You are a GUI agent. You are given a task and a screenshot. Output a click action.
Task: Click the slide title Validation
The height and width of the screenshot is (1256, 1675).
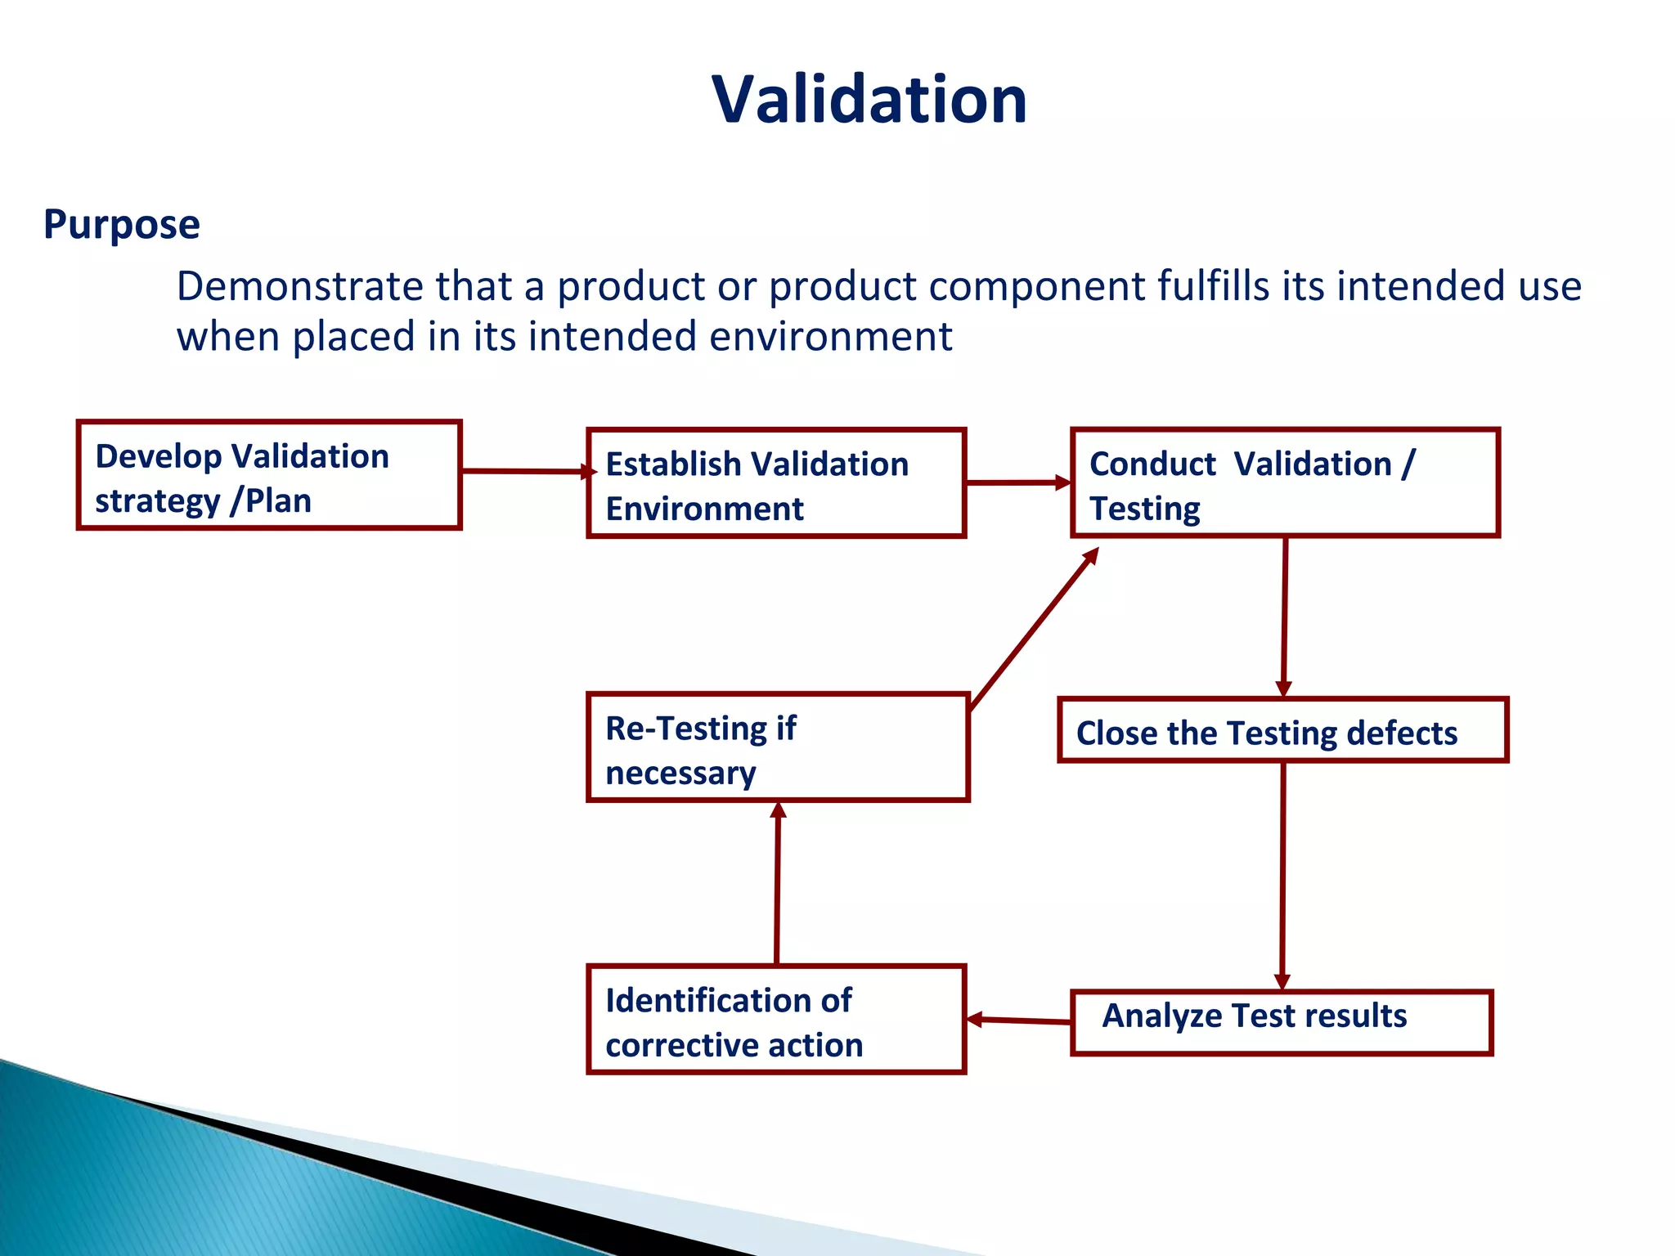point(869,100)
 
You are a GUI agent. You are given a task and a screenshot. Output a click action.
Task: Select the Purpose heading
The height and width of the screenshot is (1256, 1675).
point(121,224)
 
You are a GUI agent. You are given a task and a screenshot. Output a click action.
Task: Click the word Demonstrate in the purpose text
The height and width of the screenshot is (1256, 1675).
point(299,286)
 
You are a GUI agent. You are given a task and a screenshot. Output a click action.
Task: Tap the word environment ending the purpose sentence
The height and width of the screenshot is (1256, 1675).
point(830,337)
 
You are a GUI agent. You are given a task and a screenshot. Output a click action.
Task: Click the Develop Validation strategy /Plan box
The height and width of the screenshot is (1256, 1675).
point(269,476)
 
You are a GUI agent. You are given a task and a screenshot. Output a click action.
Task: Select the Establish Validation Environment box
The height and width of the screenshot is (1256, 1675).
point(776,484)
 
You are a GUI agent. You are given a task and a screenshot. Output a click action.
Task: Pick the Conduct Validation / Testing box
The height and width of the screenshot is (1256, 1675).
point(1285,484)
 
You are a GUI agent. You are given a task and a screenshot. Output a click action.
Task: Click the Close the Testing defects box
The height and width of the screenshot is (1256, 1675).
point(1282,731)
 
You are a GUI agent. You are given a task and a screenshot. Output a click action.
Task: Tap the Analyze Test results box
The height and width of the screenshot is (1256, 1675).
point(1282,1023)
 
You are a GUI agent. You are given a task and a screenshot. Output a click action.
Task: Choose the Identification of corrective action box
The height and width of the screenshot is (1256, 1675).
point(776,1020)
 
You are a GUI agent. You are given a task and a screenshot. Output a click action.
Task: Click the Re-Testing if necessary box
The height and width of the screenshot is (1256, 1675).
point(778,747)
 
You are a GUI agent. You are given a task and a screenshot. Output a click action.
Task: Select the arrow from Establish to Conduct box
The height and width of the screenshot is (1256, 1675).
point(1018,482)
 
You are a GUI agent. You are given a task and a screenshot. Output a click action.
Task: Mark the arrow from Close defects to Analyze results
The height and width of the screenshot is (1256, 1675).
point(1282,875)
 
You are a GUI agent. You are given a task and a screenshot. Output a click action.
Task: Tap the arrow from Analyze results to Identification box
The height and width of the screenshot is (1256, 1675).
point(1019,1020)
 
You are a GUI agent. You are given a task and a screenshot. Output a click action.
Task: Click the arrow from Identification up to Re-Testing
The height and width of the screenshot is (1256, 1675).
point(777,883)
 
